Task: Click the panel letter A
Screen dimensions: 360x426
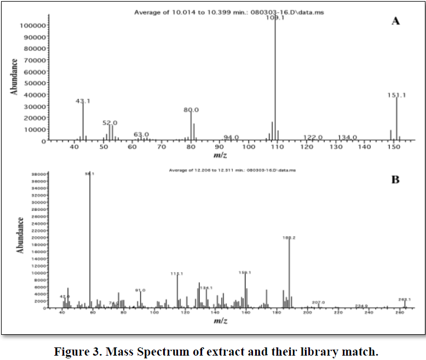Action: pos(395,21)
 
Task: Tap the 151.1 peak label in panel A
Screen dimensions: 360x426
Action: pos(396,95)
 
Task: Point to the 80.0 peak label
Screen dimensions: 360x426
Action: pos(191,110)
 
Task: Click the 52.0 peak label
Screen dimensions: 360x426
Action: pos(110,123)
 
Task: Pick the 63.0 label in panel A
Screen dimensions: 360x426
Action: pos(141,134)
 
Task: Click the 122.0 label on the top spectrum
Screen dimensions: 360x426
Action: pos(313,138)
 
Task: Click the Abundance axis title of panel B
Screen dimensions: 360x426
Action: pos(20,235)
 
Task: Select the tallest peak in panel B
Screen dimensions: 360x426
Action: pos(90,241)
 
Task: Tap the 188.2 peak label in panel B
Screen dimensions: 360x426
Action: pos(289,238)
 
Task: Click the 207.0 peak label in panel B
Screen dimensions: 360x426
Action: pos(319,302)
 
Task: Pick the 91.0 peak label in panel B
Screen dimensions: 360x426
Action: pos(140,290)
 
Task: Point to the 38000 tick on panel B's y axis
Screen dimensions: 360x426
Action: pos(42,175)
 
